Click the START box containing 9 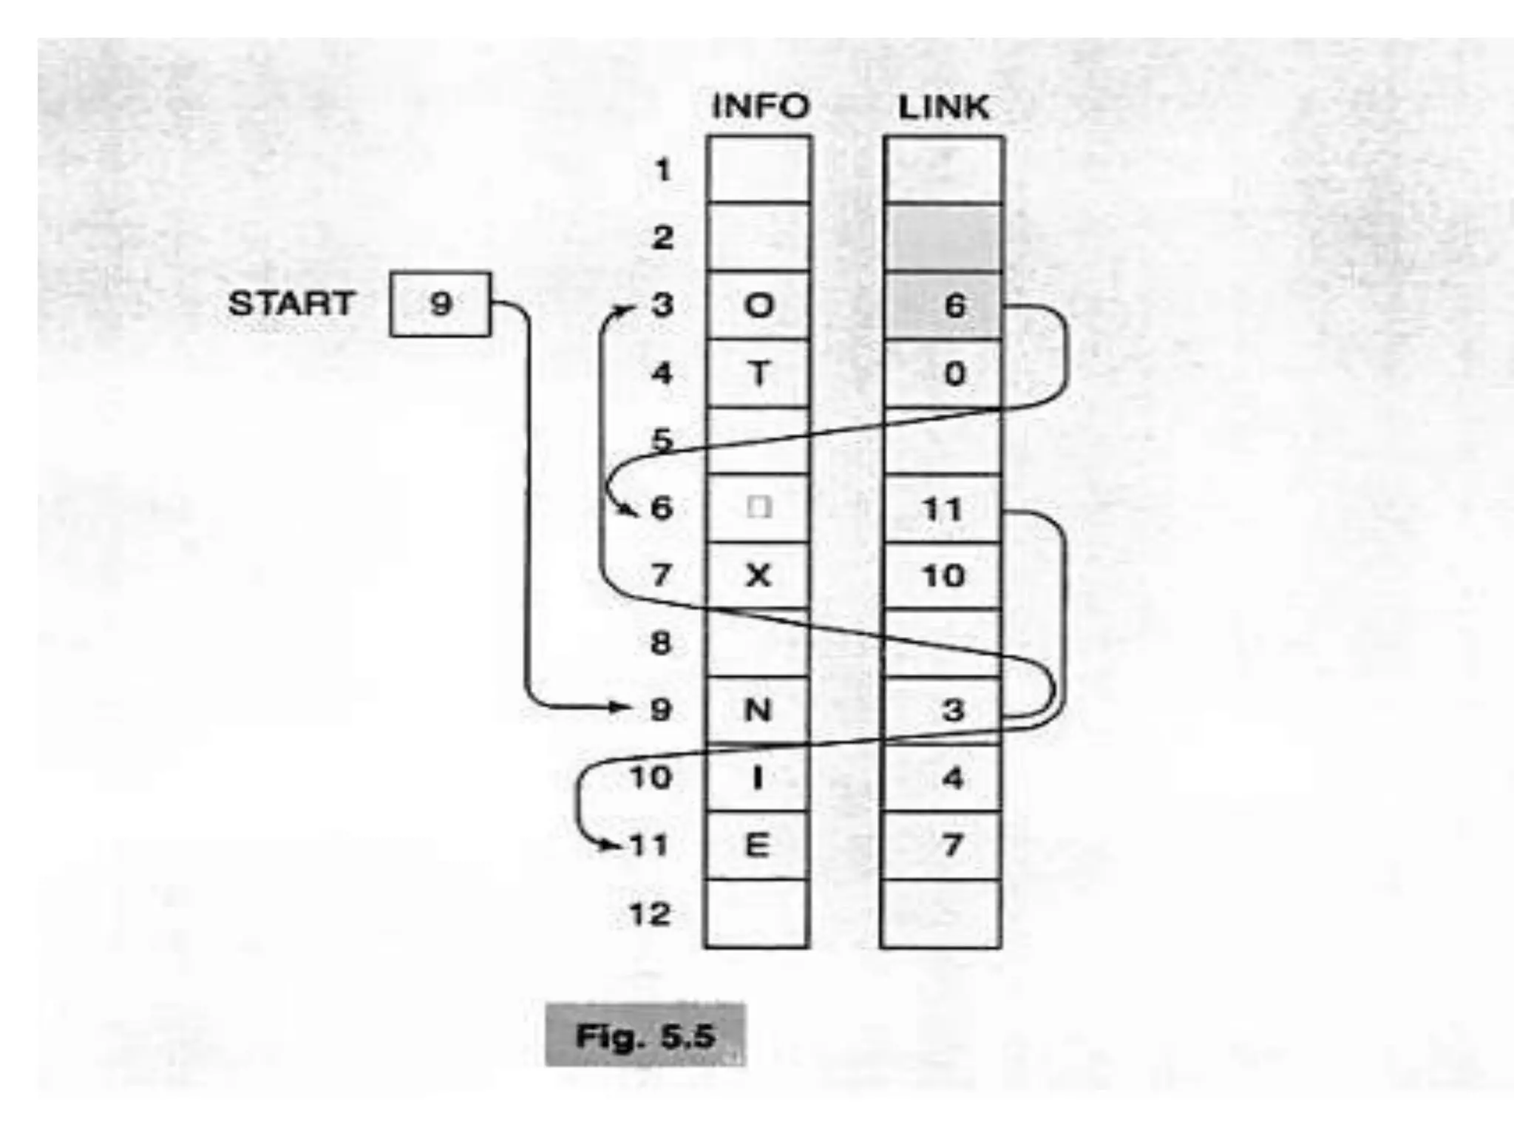tap(440, 304)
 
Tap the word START tap(291, 304)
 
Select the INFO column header tap(760, 107)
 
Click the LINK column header tap(943, 107)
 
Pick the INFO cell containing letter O tap(758, 305)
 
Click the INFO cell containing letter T tap(758, 373)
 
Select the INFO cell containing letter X tap(758, 575)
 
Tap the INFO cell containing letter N tap(757, 711)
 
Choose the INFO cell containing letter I tap(757, 778)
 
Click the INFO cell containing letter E tap(757, 845)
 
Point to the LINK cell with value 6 tap(943, 305)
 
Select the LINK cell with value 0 tap(943, 373)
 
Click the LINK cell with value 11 tap(943, 509)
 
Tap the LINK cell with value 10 tap(943, 575)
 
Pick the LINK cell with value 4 tap(943, 778)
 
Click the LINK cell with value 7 tap(943, 845)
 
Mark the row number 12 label tap(650, 915)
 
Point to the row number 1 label tap(662, 171)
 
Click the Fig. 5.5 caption tap(645, 1035)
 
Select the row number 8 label tap(661, 643)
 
